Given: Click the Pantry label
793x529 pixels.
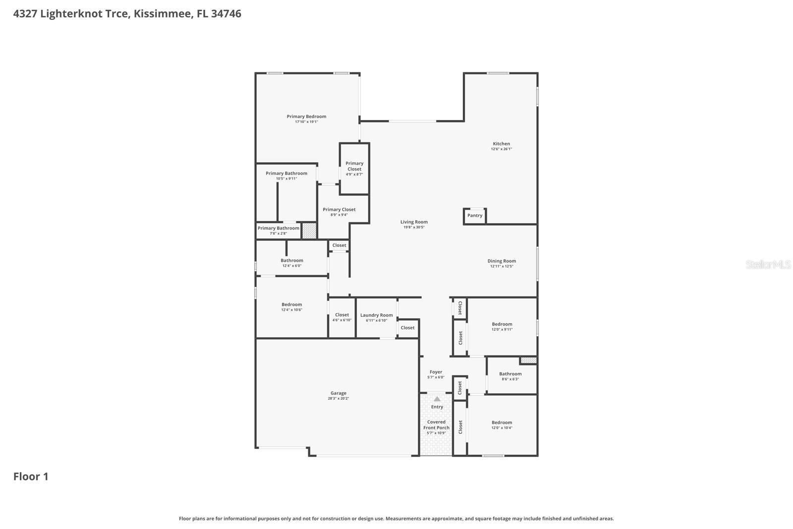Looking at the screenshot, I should point(474,216).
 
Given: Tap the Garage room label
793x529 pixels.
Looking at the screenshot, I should point(339,393).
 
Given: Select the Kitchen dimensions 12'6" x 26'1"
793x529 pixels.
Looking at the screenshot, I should point(501,149).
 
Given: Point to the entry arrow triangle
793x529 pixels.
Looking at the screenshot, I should point(437,399).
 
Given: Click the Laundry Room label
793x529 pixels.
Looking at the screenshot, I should point(376,315).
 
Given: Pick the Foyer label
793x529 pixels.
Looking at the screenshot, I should point(436,372).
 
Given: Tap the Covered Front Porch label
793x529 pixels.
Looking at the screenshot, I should point(436,425).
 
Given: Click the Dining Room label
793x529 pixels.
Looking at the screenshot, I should point(502,261).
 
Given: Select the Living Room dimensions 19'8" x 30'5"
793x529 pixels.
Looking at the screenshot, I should point(414,228).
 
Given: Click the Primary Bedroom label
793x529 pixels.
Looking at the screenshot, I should point(306,117).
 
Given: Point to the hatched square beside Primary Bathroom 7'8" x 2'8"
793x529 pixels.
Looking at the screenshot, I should point(309,231).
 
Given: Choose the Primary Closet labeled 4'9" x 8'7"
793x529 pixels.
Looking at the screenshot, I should point(354,166).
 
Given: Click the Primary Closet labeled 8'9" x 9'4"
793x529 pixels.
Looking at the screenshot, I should point(339,210).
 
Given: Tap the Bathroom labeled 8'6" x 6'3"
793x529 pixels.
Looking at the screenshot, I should point(510,374).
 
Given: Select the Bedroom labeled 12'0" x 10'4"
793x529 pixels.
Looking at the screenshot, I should point(502,422).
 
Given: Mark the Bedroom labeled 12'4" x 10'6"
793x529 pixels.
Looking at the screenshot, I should point(291,304).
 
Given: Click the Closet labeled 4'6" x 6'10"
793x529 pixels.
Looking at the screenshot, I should point(342,315).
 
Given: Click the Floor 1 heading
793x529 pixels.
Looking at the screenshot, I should point(31,476).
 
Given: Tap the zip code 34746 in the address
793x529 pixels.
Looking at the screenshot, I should point(226,13).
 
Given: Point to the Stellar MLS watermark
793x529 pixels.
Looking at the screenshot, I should point(768,265).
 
